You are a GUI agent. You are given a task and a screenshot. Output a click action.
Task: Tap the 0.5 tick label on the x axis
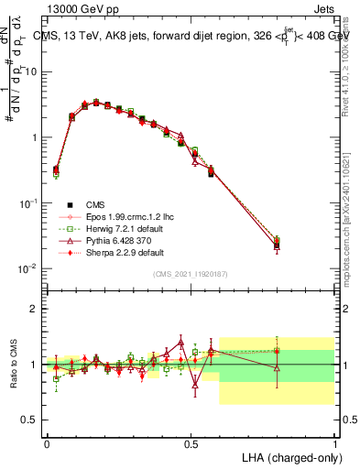(191, 442)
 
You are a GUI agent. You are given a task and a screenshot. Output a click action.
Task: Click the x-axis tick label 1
(335, 442)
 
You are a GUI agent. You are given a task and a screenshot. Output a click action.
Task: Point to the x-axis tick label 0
(47, 442)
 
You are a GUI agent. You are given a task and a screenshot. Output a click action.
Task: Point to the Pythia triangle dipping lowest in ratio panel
(195, 386)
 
